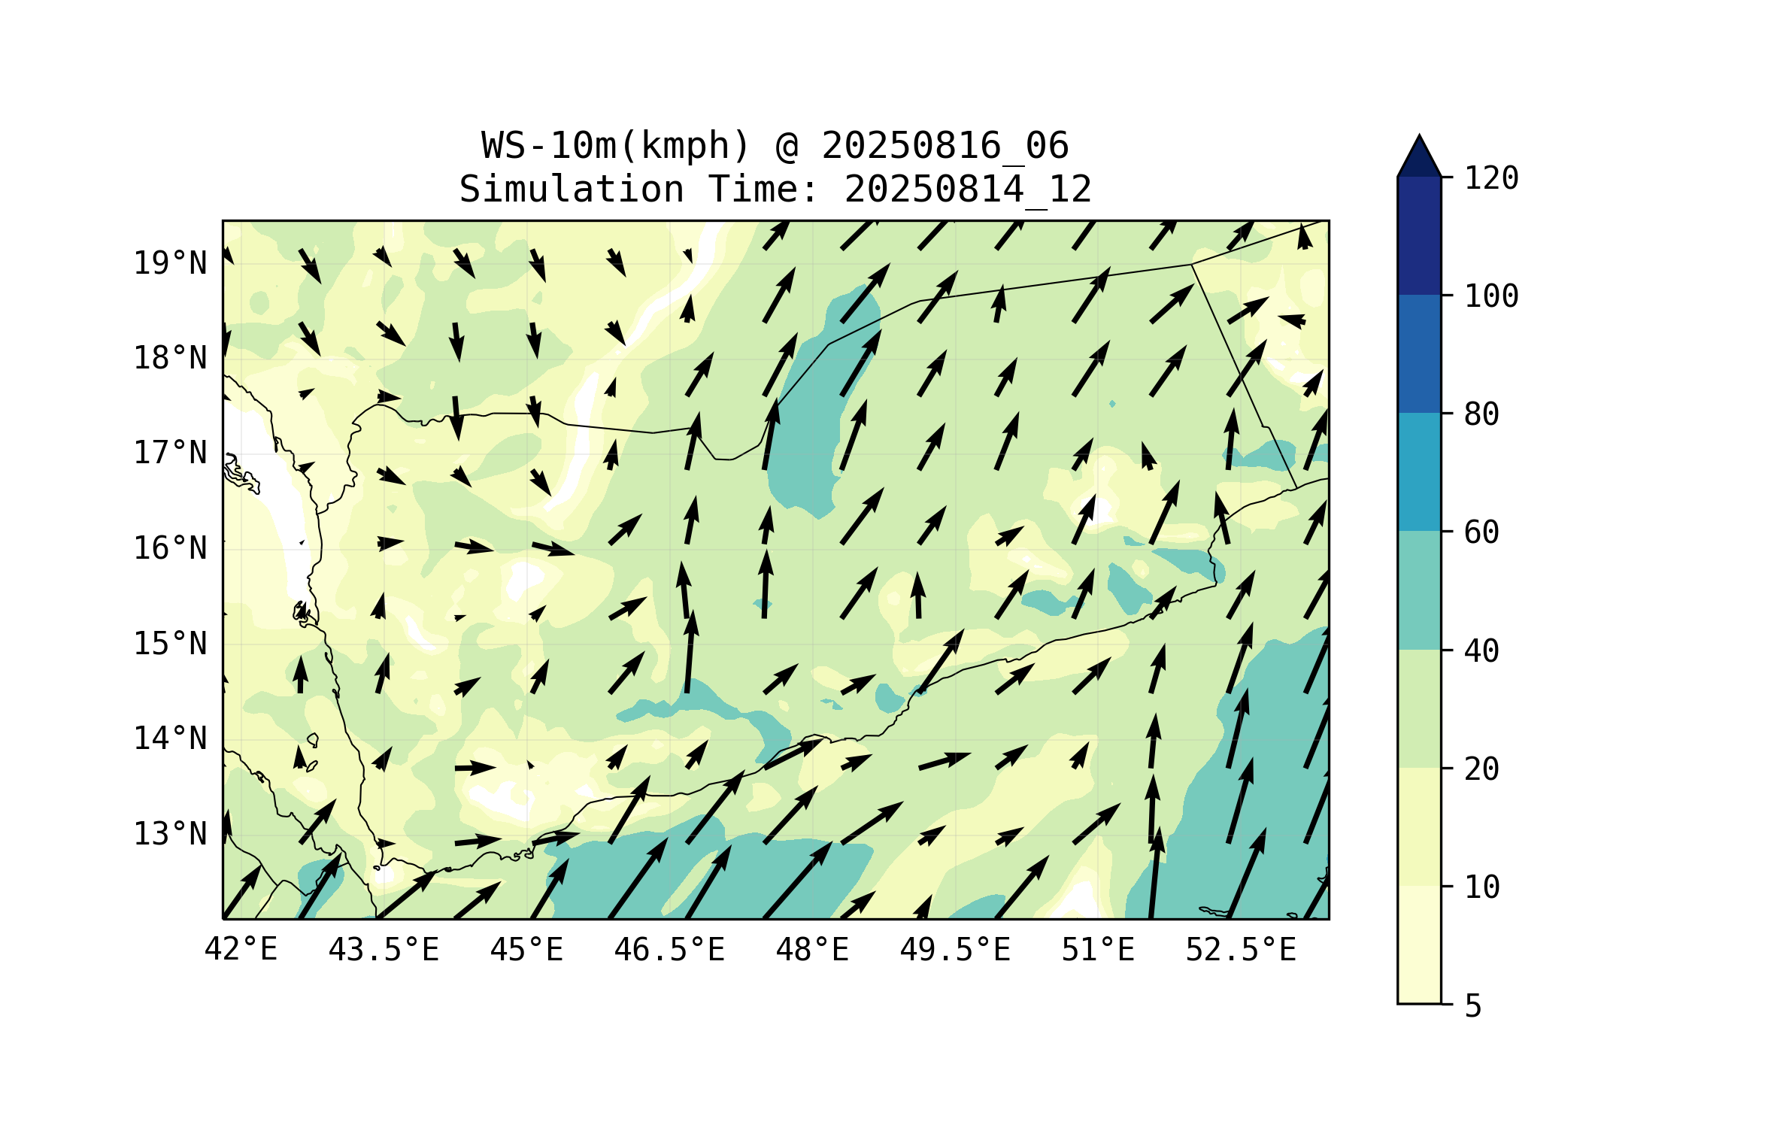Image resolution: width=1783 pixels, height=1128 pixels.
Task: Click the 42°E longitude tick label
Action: point(241,950)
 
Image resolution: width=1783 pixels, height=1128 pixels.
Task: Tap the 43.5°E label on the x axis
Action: point(384,950)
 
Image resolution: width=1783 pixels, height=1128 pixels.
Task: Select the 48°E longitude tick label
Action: point(812,950)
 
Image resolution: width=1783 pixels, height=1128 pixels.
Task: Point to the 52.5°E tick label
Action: point(1241,950)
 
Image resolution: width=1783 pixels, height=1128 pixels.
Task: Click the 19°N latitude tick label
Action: point(170,263)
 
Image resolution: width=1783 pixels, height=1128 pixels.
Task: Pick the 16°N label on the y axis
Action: point(170,548)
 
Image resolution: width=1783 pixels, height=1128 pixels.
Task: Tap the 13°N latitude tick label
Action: point(170,834)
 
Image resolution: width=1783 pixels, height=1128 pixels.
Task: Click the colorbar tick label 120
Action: point(1491,178)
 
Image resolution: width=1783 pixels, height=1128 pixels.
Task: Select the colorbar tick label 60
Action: point(1481,532)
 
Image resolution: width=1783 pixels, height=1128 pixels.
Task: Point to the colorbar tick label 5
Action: point(1473,1006)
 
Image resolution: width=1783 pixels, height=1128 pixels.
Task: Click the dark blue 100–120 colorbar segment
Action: point(1419,235)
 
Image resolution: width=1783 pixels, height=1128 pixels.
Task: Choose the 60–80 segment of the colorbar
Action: point(1419,472)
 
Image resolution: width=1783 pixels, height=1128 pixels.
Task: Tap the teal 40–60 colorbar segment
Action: point(1419,590)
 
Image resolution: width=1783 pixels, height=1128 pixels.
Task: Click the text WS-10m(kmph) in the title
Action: point(616,146)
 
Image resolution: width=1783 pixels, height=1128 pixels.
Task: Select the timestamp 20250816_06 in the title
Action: point(945,146)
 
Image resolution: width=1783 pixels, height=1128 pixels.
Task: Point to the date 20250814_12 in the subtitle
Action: point(968,190)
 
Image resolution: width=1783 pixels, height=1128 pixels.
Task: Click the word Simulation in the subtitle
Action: point(572,190)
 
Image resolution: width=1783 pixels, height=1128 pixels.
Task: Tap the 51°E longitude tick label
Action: point(1098,950)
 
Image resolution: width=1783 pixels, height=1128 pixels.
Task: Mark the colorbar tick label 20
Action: point(1481,769)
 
